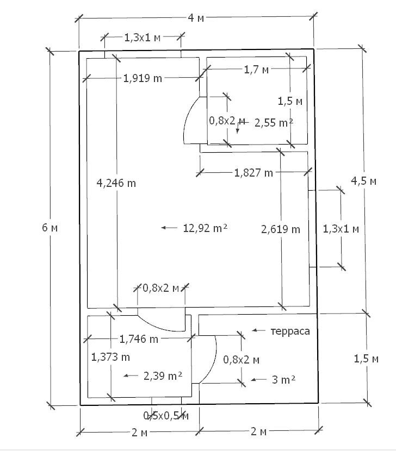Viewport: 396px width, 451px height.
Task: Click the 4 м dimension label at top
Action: pos(196,18)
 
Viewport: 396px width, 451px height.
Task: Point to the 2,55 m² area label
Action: pos(274,123)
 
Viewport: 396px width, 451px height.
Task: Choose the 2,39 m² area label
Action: pos(162,375)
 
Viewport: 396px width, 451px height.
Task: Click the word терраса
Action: pos(290,331)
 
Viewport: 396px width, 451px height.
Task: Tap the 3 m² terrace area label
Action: pos(283,380)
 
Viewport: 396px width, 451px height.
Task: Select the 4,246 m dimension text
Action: pos(116,183)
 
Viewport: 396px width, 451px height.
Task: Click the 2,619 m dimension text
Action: pos(281,229)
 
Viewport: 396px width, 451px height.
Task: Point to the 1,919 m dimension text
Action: pos(143,78)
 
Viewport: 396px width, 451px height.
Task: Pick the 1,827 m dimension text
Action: pos(253,173)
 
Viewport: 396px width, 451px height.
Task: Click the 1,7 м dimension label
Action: pos(256,69)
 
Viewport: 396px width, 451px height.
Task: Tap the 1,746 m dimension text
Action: pos(139,339)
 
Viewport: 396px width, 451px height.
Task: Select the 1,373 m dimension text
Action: pos(110,357)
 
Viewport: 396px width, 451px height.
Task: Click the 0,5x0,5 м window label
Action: pos(166,416)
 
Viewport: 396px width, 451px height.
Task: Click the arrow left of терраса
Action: pos(258,330)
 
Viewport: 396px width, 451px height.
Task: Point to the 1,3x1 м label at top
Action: pos(143,37)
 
